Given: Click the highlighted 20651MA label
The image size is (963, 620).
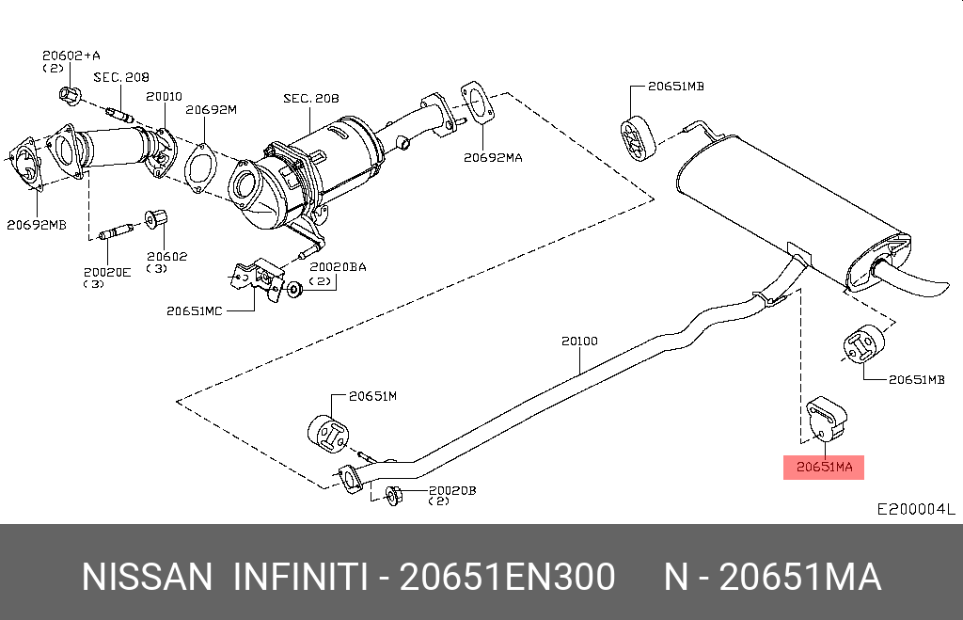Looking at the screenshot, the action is click(824, 467).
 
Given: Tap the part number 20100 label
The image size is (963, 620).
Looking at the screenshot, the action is click(579, 341).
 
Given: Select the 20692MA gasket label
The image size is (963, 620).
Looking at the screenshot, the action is click(493, 157).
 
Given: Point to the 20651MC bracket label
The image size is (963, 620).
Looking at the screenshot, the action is click(194, 310).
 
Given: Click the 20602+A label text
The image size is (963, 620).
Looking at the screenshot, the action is click(71, 56).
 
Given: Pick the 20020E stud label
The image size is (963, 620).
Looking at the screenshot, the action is click(107, 272).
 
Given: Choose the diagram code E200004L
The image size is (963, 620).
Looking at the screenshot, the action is click(915, 509).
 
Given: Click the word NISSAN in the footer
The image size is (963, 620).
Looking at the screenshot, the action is click(147, 577).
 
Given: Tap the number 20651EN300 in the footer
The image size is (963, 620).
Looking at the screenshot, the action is click(507, 577).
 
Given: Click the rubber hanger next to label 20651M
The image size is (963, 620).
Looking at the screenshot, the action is click(328, 435).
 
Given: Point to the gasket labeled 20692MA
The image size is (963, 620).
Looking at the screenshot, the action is click(477, 103).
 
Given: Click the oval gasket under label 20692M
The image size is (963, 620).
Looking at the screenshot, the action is click(200, 167).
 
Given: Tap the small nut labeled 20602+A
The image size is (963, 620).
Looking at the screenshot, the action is click(70, 95).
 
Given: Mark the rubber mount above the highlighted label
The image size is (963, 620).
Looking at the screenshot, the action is click(827, 419).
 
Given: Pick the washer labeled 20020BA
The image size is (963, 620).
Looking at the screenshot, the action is click(294, 289).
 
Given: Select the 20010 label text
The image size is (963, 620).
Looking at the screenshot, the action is click(164, 97).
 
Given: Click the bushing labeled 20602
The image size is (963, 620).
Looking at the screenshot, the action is click(156, 218).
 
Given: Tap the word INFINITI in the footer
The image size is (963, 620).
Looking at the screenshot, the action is click(301, 577).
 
